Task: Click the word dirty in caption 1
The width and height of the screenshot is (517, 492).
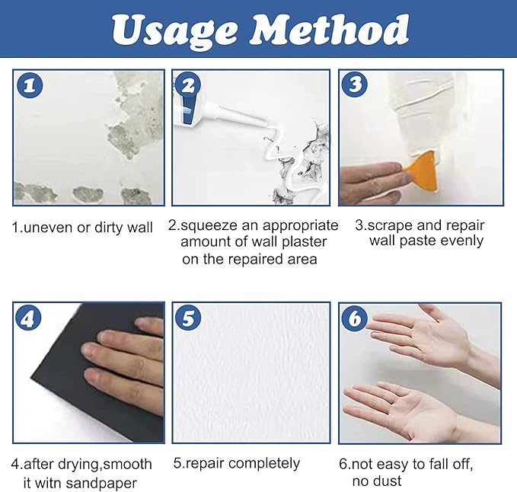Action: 111,227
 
